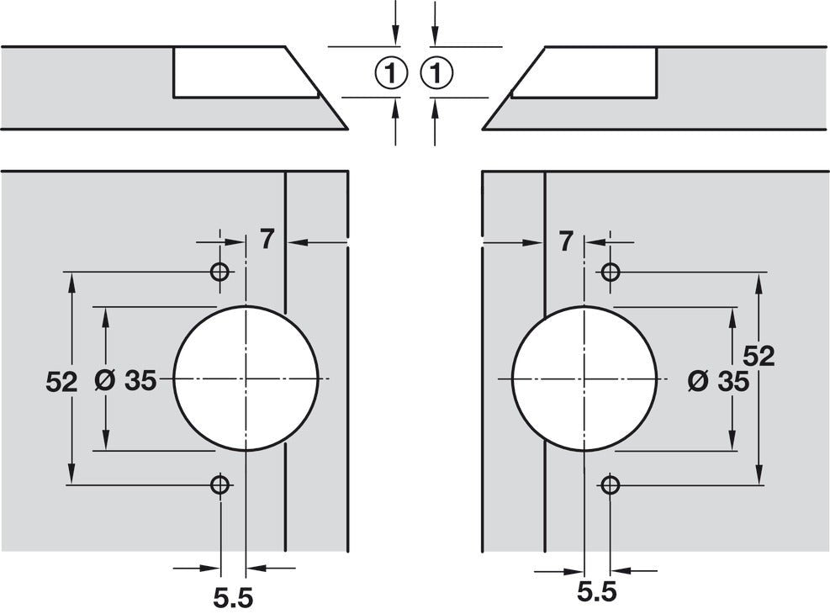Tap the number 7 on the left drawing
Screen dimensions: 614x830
[266, 241]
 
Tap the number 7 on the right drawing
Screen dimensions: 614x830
[565, 241]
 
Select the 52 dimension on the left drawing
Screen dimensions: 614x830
[61, 381]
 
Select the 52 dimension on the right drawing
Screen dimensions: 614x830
[758, 356]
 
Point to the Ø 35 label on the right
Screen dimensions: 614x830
[717, 381]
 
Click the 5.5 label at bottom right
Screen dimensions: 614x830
[596, 590]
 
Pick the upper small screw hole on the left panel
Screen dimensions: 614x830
[220, 273]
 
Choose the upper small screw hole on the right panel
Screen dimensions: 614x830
[610, 273]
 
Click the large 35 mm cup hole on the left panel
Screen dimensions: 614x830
[246, 378]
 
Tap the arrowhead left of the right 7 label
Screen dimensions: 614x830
[536, 242]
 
